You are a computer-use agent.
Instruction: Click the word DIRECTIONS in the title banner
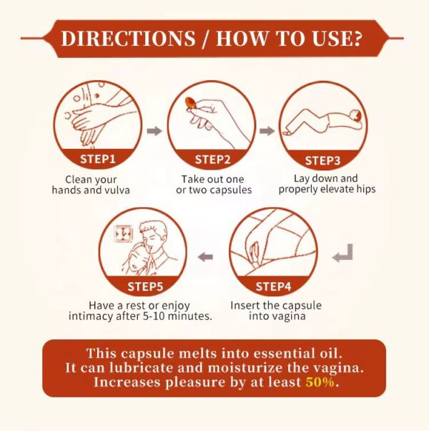[x=128, y=38]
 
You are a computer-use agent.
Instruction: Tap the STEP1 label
[x=98, y=159]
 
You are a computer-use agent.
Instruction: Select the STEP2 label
[x=212, y=160]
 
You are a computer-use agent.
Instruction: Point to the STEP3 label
[x=322, y=160]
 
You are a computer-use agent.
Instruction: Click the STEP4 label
[x=273, y=286]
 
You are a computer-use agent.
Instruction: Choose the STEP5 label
[x=145, y=286]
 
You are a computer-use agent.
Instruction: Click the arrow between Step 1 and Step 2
[x=154, y=131]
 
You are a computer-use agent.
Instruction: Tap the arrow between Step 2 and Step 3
[x=267, y=131]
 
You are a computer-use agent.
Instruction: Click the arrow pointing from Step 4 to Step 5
[x=205, y=257]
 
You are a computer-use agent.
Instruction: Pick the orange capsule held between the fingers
[x=190, y=103]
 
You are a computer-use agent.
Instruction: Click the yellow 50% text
[x=320, y=382]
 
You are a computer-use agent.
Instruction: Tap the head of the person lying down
[x=356, y=116]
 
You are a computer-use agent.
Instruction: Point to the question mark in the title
[x=357, y=38]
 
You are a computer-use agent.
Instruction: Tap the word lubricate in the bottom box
[x=141, y=368]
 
